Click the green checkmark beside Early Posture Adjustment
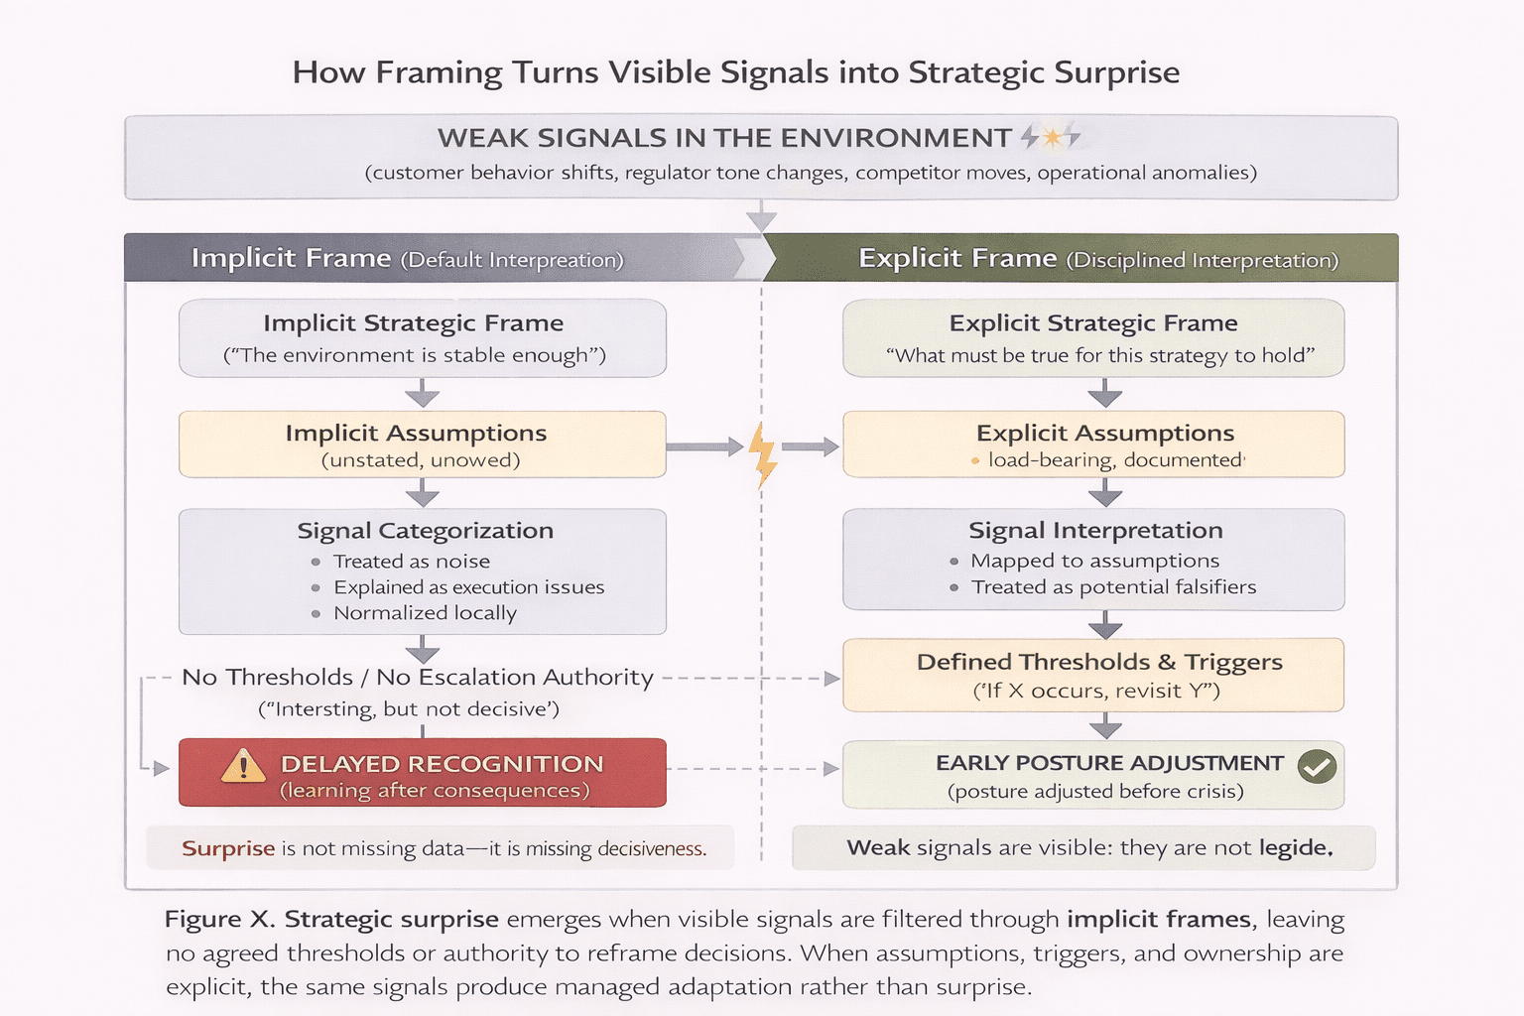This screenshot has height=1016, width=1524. tap(1317, 766)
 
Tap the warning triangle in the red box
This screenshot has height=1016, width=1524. tap(243, 766)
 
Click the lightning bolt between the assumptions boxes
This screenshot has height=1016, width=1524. tap(762, 453)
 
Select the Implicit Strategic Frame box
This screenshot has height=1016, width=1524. tap(422, 338)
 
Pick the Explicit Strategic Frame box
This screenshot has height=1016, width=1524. tap(1092, 338)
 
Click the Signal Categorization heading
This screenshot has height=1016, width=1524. tap(425, 531)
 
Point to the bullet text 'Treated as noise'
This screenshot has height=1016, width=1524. tap(411, 562)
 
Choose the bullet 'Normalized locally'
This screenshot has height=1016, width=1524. tap(425, 613)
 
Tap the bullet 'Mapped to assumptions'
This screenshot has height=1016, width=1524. tap(1094, 561)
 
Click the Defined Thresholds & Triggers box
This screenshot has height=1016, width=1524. tap(1092, 675)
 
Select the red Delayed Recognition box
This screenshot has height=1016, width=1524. tap(422, 773)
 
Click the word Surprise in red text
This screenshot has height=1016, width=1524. tap(227, 848)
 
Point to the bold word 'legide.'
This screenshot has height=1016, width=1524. tap(1295, 848)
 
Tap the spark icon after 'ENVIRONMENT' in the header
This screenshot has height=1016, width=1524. tap(1050, 137)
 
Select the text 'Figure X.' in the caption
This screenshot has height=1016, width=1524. tap(218, 920)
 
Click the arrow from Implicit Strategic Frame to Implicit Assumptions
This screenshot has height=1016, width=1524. tap(422, 394)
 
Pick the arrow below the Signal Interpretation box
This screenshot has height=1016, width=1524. tap(1104, 625)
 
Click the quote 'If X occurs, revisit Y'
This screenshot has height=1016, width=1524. tap(1095, 691)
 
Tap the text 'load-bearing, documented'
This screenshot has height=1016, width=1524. tap(1114, 460)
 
